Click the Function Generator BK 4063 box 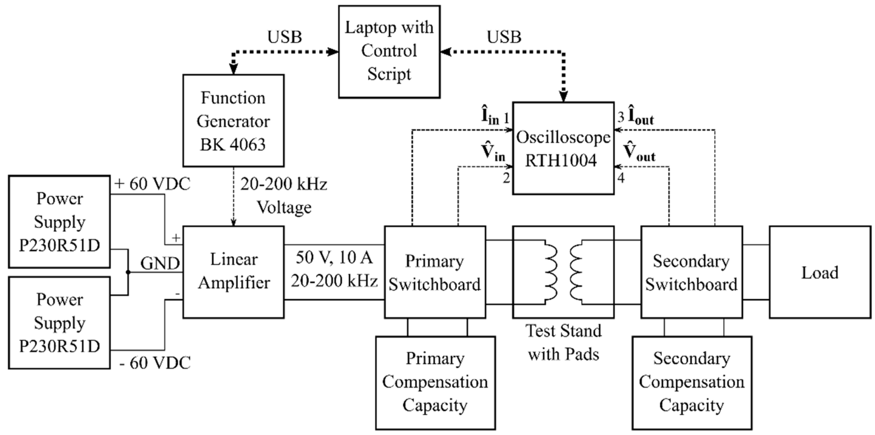pos(233,120)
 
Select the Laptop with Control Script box pos(389,52)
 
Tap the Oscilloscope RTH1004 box pos(563,148)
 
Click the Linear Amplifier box pos(233,272)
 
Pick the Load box pos(820,272)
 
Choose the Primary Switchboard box pos(435,272)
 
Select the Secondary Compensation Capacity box pos(692,383)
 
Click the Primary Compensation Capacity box pos(435,383)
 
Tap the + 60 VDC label pos(153,184)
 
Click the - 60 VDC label pos(155,363)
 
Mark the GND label pos(160,264)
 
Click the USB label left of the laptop pos(284,37)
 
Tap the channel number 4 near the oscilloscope pos(621,178)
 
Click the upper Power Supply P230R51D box pos(59,222)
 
